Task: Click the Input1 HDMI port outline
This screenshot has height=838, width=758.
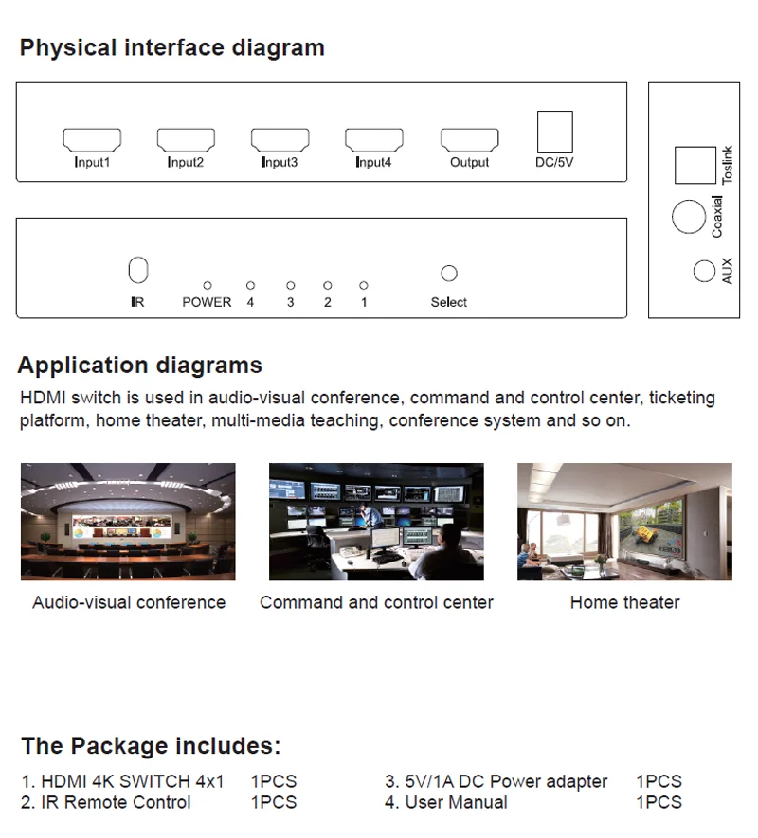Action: [92, 140]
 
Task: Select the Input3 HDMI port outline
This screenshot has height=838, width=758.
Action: [280, 140]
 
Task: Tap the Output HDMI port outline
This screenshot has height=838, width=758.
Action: [469, 140]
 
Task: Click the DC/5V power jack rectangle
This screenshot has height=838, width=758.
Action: [554, 132]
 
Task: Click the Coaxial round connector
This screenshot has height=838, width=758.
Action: [689, 218]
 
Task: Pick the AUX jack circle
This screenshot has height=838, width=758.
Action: [703, 271]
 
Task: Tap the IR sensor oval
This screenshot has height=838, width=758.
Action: [138, 270]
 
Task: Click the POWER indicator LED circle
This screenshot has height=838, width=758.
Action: [208, 285]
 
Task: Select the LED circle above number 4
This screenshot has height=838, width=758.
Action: [250, 285]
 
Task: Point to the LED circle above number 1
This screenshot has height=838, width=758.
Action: [363, 285]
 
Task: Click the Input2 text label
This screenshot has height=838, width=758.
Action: [186, 163]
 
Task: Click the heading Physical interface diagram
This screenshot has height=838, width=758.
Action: [171, 48]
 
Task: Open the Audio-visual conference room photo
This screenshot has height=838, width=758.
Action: [128, 522]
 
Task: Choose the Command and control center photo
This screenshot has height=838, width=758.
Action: [376, 522]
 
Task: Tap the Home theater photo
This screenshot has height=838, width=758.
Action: [624, 522]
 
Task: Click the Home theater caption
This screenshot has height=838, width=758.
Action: [624, 602]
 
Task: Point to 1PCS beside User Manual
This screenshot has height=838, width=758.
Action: [659, 803]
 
